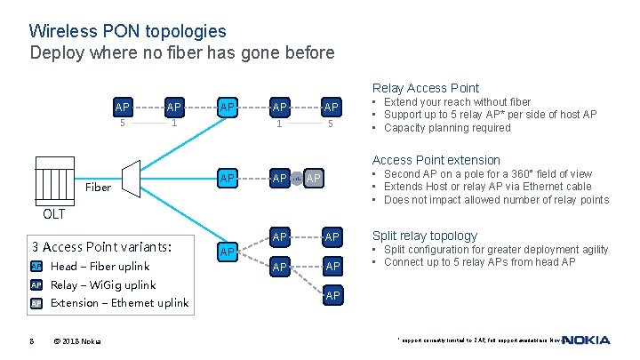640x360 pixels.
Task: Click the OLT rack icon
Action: [54, 182]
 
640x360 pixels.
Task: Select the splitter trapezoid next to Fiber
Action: [130, 181]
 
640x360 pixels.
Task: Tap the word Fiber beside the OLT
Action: [98, 188]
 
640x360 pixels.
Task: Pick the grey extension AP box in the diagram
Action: [313, 179]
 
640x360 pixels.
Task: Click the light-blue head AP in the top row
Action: [228, 108]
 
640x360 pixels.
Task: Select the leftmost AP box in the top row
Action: [123, 108]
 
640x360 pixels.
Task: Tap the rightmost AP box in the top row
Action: [332, 108]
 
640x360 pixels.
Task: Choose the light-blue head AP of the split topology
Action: [228, 252]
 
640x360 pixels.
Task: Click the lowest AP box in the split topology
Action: [332, 295]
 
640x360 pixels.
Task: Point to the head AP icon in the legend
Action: [36, 267]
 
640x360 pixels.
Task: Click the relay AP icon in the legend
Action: [36, 285]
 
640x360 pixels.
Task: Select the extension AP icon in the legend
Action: [36, 304]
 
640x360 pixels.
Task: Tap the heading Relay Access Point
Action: [425, 88]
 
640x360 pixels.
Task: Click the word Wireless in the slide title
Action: [62, 32]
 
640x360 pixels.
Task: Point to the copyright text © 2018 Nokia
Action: [77, 341]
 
